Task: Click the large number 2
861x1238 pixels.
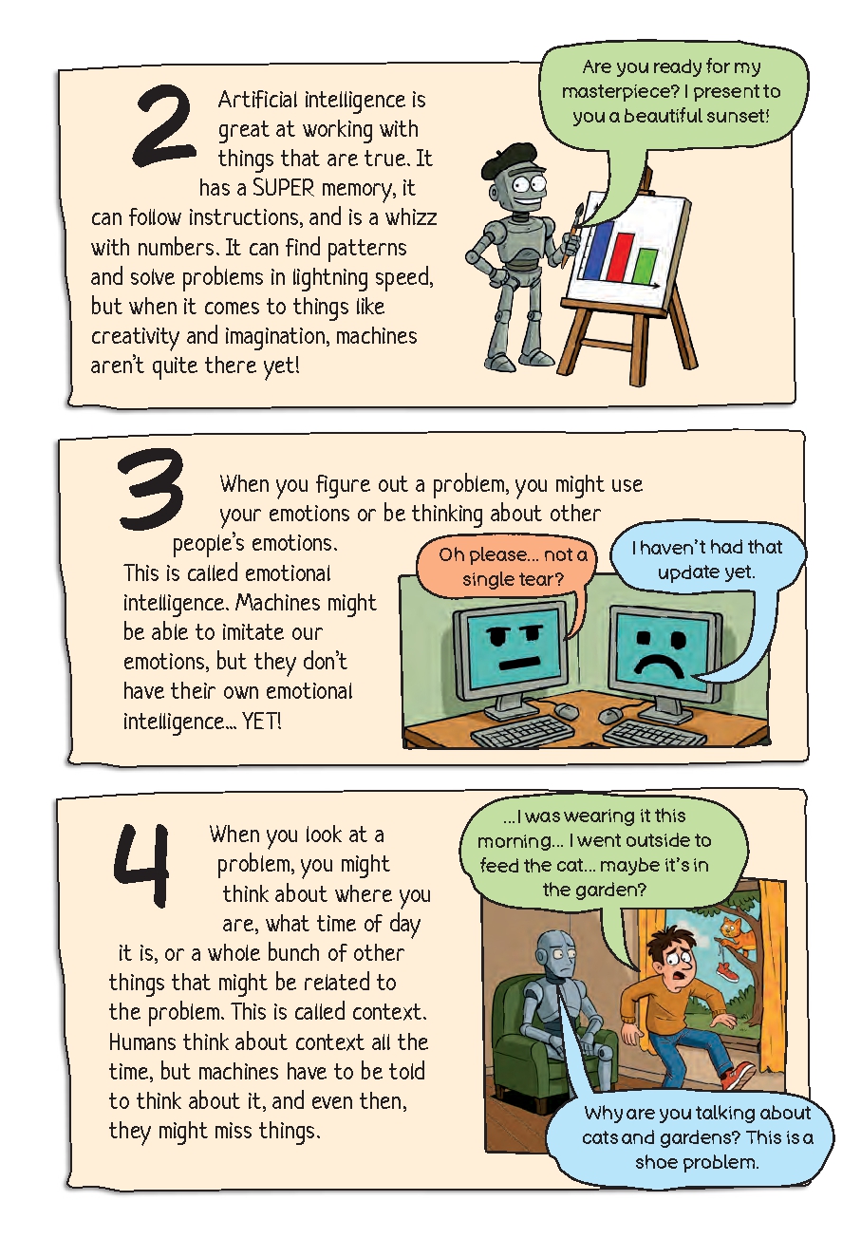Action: click(163, 124)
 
